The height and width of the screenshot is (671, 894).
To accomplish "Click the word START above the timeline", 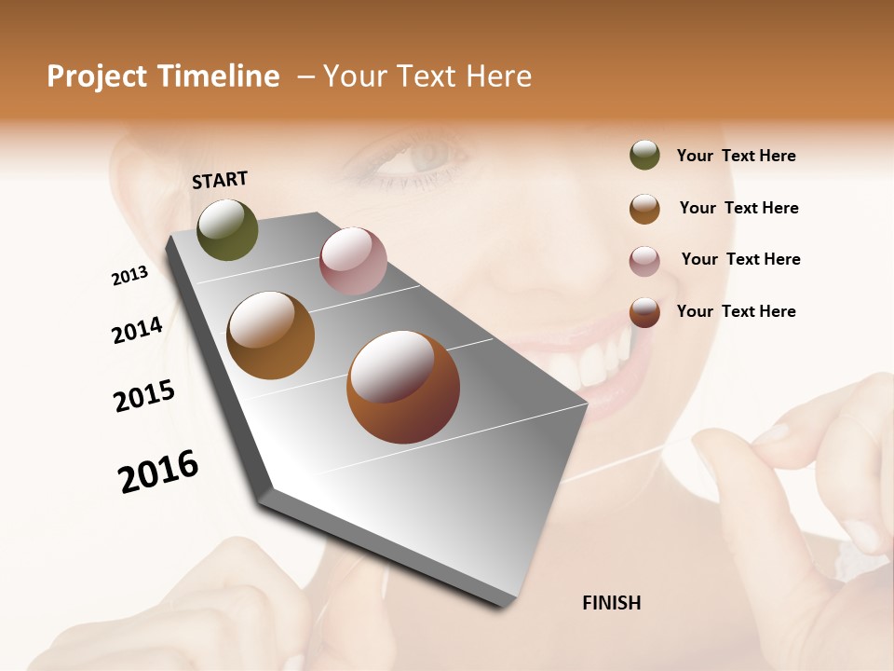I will pyautogui.click(x=220, y=180).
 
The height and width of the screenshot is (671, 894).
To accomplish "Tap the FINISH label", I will pyautogui.click(x=611, y=603).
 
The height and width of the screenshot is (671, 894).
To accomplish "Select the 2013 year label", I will pyautogui.click(x=129, y=276).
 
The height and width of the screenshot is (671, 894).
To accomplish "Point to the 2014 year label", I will pyautogui.click(x=137, y=330).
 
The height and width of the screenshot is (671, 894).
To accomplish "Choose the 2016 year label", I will pyautogui.click(x=158, y=471).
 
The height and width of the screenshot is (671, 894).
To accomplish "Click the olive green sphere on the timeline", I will pyautogui.click(x=227, y=230).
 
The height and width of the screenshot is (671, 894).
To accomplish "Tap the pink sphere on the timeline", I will pyautogui.click(x=353, y=261).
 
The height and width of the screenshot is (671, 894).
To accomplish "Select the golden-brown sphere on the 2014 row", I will pyautogui.click(x=270, y=335).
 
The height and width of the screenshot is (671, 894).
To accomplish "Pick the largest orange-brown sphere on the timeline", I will pyautogui.click(x=403, y=386).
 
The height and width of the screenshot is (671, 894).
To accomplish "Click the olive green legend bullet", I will pyautogui.click(x=644, y=156).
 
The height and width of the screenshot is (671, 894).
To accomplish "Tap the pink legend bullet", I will pyautogui.click(x=644, y=261).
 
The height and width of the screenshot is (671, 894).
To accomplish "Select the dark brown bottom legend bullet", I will pyautogui.click(x=644, y=312).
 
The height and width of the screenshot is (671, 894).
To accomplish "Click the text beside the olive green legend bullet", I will pyautogui.click(x=736, y=156).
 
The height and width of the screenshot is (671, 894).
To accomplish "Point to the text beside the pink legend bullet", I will pyautogui.click(x=740, y=259).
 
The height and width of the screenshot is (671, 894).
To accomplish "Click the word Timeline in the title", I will pyautogui.click(x=219, y=76).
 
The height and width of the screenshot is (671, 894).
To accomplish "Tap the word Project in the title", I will pyautogui.click(x=96, y=76).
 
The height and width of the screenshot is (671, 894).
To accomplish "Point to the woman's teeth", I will pyautogui.click(x=596, y=363).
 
